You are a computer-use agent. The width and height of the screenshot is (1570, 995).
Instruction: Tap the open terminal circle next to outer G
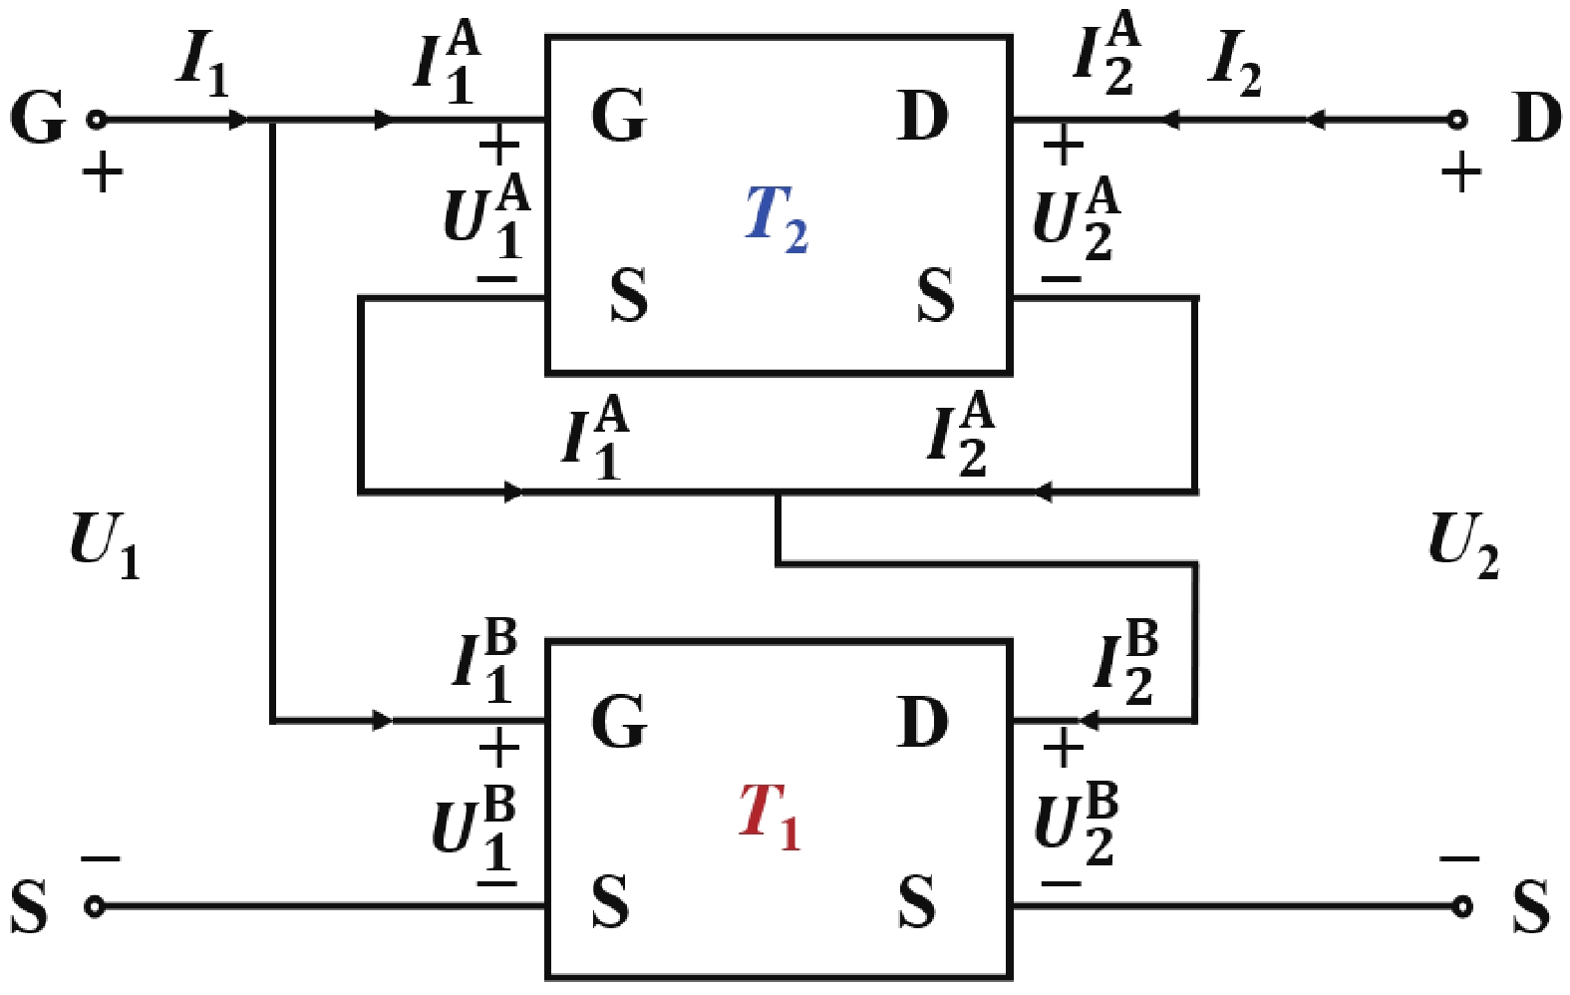click(96, 120)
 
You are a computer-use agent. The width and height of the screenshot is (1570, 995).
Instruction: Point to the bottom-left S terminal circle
click(95, 906)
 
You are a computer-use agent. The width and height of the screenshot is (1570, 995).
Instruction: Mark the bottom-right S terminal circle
click(1461, 906)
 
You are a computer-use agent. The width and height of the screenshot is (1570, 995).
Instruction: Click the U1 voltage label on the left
click(104, 544)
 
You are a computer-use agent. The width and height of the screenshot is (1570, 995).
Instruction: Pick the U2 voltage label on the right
click(1462, 544)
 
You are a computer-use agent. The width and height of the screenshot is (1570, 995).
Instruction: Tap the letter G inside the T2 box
click(619, 116)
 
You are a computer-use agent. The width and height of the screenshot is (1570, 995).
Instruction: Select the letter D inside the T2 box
click(923, 116)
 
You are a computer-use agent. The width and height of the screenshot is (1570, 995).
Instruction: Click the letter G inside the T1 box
click(619, 721)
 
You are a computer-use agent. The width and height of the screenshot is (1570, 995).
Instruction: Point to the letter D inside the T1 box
click(923, 721)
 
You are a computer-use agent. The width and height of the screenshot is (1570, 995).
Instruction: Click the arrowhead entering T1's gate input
click(383, 720)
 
